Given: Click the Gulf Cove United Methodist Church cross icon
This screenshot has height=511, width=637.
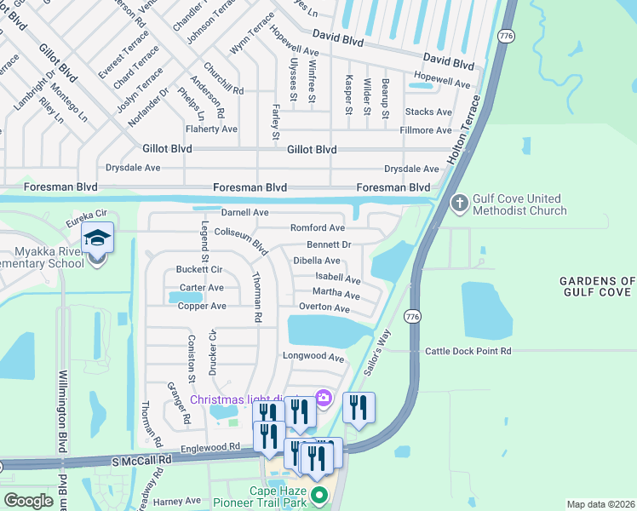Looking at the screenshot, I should [458, 204].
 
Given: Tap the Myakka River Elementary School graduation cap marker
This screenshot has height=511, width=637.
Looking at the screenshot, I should [97, 238].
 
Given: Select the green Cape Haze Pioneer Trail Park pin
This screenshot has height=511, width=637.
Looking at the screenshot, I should [318, 494].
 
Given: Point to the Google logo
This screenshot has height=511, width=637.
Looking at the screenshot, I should [28, 501].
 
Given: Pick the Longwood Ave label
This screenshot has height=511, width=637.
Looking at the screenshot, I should [313, 358].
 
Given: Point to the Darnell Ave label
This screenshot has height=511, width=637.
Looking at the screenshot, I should [244, 212].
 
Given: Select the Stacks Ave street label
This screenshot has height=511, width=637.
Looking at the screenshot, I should [428, 112].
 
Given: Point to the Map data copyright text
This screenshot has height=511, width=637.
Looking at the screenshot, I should [600, 504].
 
